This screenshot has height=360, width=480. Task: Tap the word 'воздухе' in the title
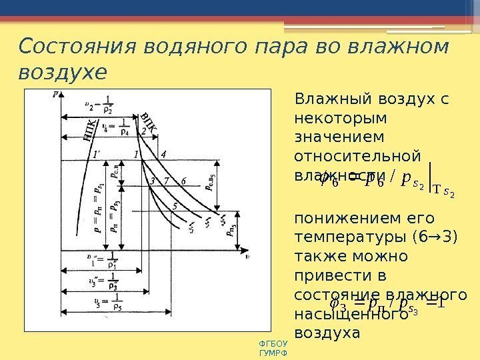62,72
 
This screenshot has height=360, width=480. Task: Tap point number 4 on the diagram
163,155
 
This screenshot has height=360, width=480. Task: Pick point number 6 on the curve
183,180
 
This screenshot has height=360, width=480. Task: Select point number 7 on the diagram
166,180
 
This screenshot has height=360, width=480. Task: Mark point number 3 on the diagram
152,181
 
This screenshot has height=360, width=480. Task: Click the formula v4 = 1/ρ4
115,128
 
